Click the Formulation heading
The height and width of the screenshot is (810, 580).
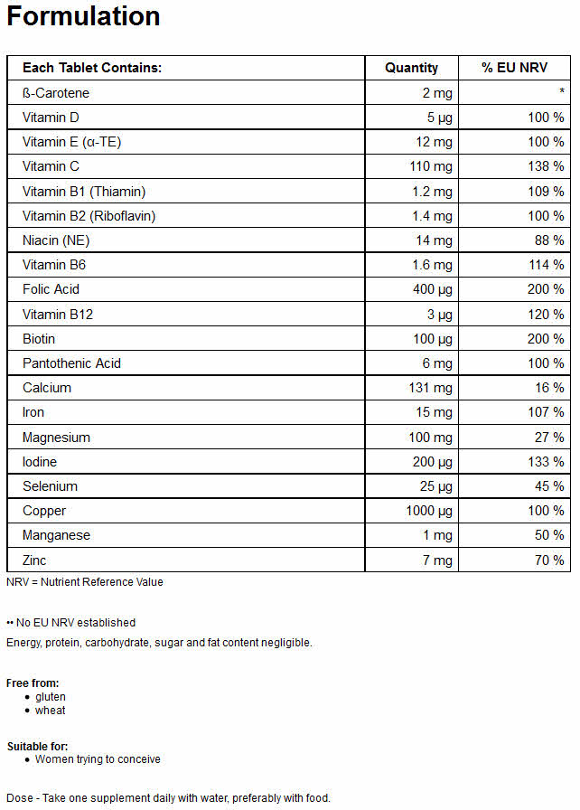84,16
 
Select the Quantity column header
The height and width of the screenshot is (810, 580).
411,68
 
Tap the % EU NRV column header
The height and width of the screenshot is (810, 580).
514,68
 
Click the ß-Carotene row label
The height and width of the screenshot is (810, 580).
56,93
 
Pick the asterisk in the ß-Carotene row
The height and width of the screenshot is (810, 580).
561,91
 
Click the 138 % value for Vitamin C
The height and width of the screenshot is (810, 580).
546,166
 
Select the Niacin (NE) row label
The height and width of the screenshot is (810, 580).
56,240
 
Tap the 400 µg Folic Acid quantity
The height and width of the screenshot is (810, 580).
433,290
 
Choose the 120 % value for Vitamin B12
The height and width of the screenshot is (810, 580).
546,315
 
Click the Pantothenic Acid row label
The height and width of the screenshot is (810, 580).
71,363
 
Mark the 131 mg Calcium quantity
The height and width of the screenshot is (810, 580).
430,388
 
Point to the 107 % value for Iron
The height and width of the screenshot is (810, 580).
546,412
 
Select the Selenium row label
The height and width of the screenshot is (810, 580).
50,486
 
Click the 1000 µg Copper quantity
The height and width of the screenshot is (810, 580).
429,512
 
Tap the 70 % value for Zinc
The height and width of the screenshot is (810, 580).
549,560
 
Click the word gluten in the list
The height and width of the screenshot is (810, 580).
50,697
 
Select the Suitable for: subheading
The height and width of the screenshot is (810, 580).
38,747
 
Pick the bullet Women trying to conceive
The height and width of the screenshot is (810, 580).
98,759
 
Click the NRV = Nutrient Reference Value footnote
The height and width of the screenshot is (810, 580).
85,582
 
